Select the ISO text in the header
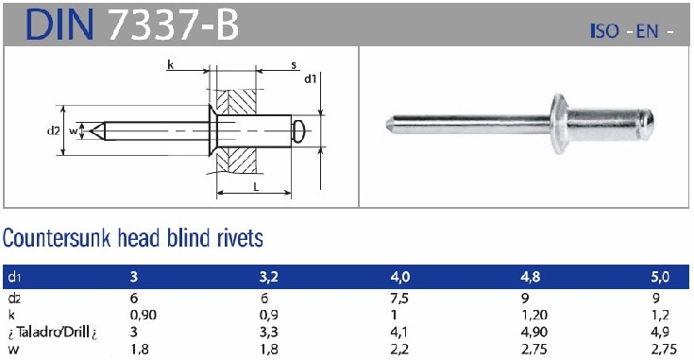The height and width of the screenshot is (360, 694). pyautogui.click(x=604, y=31)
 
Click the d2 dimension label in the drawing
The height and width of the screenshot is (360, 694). pyautogui.click(x=53, y=131)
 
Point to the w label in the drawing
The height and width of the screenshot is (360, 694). pyautogui.click(x=73, y=131)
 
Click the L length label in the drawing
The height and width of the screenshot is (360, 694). pyautogui.click(x=256, y=187)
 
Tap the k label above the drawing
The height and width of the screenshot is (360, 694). pyautogui.click(x=170, y=65)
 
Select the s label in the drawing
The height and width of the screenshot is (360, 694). pyautogui.click(x=294, y=65)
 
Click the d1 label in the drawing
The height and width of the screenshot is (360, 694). pyautogui.click(x=311, y=79)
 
